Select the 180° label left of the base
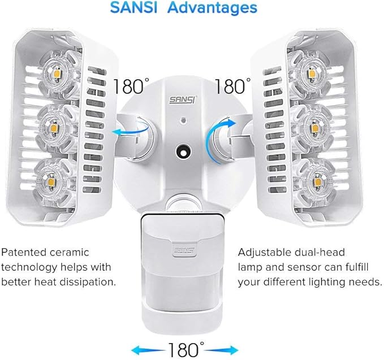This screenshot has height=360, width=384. [x=131, y=88]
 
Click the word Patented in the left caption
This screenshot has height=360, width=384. [x=23, y=252]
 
